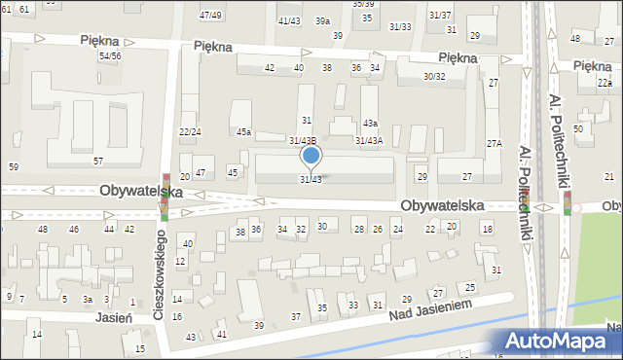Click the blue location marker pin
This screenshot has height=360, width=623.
[x=311, y=156]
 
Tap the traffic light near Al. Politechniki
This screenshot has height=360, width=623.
[x=567, y=203]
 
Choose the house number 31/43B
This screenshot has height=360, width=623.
[x=302, y=141]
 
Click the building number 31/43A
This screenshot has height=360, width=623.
[x=369, y=141]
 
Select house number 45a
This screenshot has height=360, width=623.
[x=243, y=132]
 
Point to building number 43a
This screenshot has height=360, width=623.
[x=370, y=124]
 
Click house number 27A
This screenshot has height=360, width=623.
[x=494, y=144]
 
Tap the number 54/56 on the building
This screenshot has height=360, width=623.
[x=110, y=56]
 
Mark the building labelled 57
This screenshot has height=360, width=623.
[x=97, y=161]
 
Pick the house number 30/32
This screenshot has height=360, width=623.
[x=434, y=77]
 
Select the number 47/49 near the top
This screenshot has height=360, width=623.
[x=210, y=16]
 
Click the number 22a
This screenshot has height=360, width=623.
[x=605, y=84]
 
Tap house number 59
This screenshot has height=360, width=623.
[x=13, y=167]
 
